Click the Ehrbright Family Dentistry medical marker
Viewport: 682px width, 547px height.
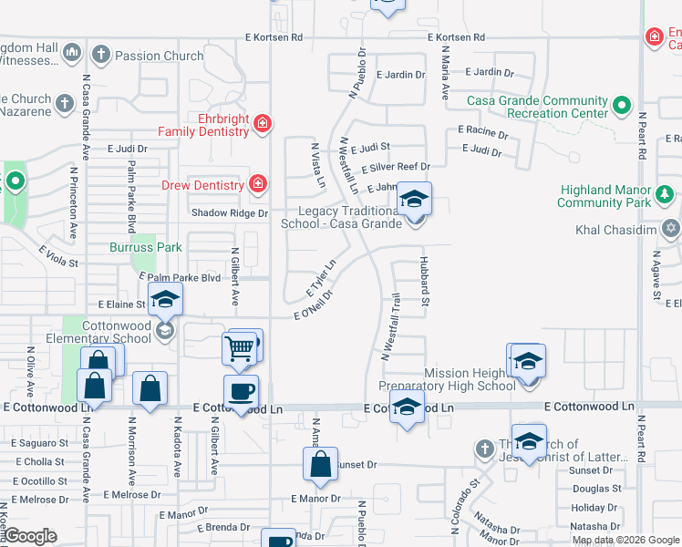coord(262,123)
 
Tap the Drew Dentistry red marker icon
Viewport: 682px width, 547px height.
coord(258,185)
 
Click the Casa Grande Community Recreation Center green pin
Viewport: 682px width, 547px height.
coord(622,107)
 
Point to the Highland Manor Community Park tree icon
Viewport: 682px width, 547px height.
coord(666,195)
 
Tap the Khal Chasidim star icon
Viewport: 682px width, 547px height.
coord(671,228)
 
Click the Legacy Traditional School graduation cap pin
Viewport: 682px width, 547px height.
coord(415,199)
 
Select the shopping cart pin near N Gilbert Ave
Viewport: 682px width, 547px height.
coord(238,346)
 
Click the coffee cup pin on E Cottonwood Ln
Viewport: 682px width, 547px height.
coord(242,392)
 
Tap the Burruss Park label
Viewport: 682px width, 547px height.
coord(146,247)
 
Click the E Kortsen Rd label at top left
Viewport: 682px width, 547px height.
coord(274,37)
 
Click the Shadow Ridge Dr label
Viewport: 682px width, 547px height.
coord(229,213)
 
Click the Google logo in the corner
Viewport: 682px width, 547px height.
coord(29,536)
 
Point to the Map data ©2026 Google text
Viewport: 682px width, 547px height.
coord(625,540)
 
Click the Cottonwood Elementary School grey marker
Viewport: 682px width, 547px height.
coord(164,330)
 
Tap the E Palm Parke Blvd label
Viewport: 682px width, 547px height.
coord(180,277)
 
